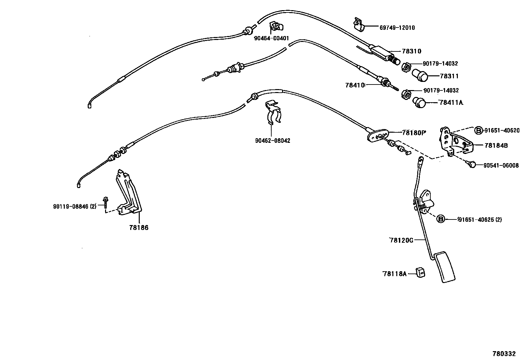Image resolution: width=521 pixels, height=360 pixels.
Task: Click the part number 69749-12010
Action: pos(397,28)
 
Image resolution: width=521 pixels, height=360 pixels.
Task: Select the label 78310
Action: pos(411,51)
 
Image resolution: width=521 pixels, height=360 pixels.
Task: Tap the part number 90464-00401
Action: pos(271,38)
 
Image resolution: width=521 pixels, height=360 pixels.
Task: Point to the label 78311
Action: pos(449,76)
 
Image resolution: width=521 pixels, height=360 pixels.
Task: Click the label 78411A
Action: pos(451,103)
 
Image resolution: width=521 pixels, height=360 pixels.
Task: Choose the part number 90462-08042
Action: pos(272,141)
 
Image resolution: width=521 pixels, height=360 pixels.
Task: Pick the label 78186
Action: pos(139,227)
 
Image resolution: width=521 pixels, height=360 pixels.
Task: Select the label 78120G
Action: pos(401,240)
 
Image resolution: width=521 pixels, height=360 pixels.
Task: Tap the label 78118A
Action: pos(394,273)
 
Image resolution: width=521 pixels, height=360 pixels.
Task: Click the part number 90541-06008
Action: pos(501,165)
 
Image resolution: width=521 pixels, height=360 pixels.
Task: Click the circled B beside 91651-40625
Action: pos(441,219)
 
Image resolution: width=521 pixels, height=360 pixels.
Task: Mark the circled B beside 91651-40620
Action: pos(479,130)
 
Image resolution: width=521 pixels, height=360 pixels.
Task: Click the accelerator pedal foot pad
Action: pos(444,267)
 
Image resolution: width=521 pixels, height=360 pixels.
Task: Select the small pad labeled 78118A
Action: pos(420,272)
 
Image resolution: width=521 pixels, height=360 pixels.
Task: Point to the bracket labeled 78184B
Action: pos(455,142)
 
